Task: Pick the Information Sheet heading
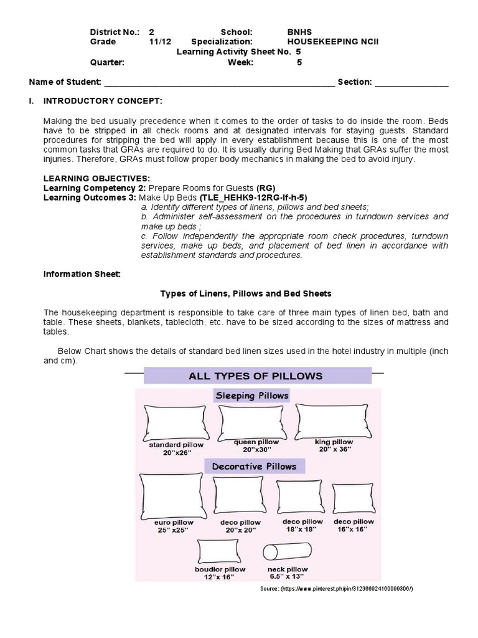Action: [81, 274]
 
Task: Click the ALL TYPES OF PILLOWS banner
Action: [258, 376]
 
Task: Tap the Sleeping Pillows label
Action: [251, 395]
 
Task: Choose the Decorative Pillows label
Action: [254, 466]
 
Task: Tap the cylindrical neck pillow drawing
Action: [288, 553]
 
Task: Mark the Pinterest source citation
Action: [335, 589]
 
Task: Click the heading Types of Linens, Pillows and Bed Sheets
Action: [246, 293]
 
